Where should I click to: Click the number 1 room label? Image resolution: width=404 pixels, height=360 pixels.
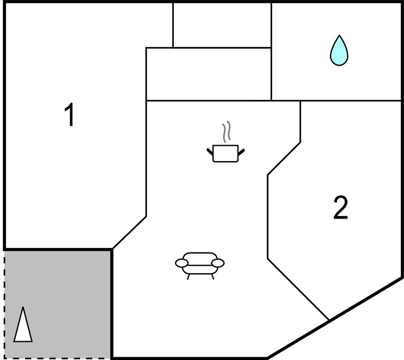pos(70,114)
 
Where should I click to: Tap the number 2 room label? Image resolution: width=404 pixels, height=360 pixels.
pos(341,208)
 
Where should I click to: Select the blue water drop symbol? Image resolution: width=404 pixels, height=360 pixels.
pos(339,51)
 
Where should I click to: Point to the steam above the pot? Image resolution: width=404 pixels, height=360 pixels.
pos(226,131)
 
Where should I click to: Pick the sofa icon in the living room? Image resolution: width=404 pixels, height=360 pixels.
pos(200,266)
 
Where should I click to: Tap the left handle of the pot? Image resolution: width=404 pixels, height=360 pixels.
pos(210,151)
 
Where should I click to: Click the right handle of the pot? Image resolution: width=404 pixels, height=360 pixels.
pos(241,152)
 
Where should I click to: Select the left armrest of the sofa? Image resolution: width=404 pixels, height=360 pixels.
pos(182,263)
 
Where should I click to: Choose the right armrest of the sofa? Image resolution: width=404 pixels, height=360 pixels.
pos(217,263)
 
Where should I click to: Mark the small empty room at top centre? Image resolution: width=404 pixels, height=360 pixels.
pos(222,25)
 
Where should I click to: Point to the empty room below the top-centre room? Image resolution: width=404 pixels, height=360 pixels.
pos(209,74)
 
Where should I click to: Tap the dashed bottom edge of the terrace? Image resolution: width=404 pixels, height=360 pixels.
pos(58,358)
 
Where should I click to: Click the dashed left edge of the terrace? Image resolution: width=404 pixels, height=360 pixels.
pos(4,305)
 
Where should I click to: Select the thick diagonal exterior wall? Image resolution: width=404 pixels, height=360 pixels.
pos(335,317)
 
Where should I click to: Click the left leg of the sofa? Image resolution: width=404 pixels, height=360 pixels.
pos(188,277)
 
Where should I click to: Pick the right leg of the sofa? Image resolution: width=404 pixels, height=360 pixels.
pos(212,277)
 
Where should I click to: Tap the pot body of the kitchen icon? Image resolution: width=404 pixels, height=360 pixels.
pos(225,153)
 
